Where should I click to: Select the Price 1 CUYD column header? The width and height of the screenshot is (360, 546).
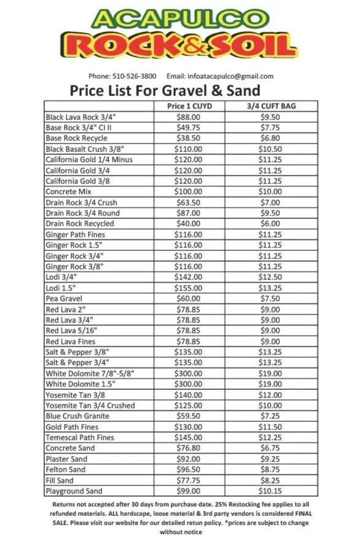coord(188,106)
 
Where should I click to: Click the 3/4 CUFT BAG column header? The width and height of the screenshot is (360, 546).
coord(271,106)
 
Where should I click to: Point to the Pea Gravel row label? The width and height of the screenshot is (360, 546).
coord(60,299)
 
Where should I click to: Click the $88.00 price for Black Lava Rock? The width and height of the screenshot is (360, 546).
coord(188,117)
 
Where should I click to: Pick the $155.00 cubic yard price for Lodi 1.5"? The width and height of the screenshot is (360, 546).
coord(188,288)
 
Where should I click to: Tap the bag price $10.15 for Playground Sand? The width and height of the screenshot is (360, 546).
coord(270,491)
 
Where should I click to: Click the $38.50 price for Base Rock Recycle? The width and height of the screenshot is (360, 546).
coord(188,138)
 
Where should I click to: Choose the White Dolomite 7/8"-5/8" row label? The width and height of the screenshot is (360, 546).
coord(90,374)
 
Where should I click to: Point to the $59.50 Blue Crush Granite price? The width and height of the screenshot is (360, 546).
coord(188,416)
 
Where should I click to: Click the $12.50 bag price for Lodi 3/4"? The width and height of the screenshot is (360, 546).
coord(270,277)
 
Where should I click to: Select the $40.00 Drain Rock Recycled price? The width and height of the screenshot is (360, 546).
coord(188,224)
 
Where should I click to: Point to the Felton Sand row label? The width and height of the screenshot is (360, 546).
coord(65,470)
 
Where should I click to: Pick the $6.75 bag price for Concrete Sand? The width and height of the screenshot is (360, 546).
coord(270,448)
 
